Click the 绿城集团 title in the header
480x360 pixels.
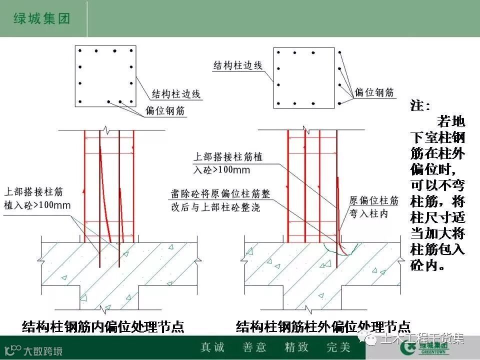pyautogui.click(x=40, y=19)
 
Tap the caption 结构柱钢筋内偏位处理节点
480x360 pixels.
pyautogui.click(x=103, y=327)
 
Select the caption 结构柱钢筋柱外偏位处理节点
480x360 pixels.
pyautogui.click(x=323, y=327)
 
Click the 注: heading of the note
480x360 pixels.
pyautogui.click(x=420, y=106)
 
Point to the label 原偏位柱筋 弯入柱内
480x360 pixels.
pyautogui.click(x=373, y=207)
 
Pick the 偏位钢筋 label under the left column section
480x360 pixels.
pyautogui.click(x=165, y=111)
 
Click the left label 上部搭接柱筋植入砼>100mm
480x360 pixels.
pyautogui.click(x=37, y=198)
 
